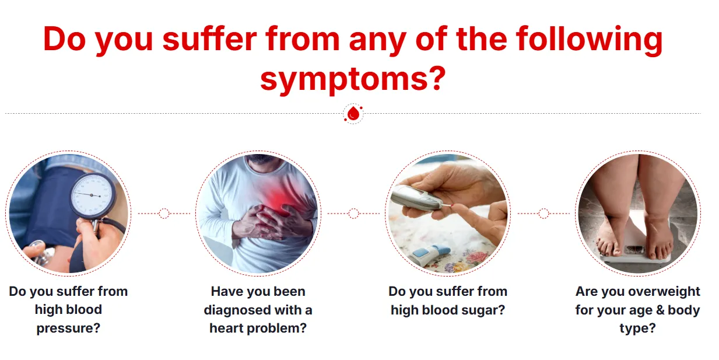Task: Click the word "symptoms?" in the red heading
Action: click(353, 79)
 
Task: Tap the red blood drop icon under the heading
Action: click(353, 113)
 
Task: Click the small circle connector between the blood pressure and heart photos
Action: click(164, 213)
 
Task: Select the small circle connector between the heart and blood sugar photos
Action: click(353, 213)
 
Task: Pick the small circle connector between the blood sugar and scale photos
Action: click(543, 213)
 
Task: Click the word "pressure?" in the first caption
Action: click(68, 328)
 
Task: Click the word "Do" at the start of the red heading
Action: click(65, 39)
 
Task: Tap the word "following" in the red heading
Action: click(590, 40)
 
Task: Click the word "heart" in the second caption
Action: click(226, 328)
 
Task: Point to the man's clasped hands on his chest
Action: click(273, 222)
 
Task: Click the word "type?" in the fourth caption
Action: click(637, 329)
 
